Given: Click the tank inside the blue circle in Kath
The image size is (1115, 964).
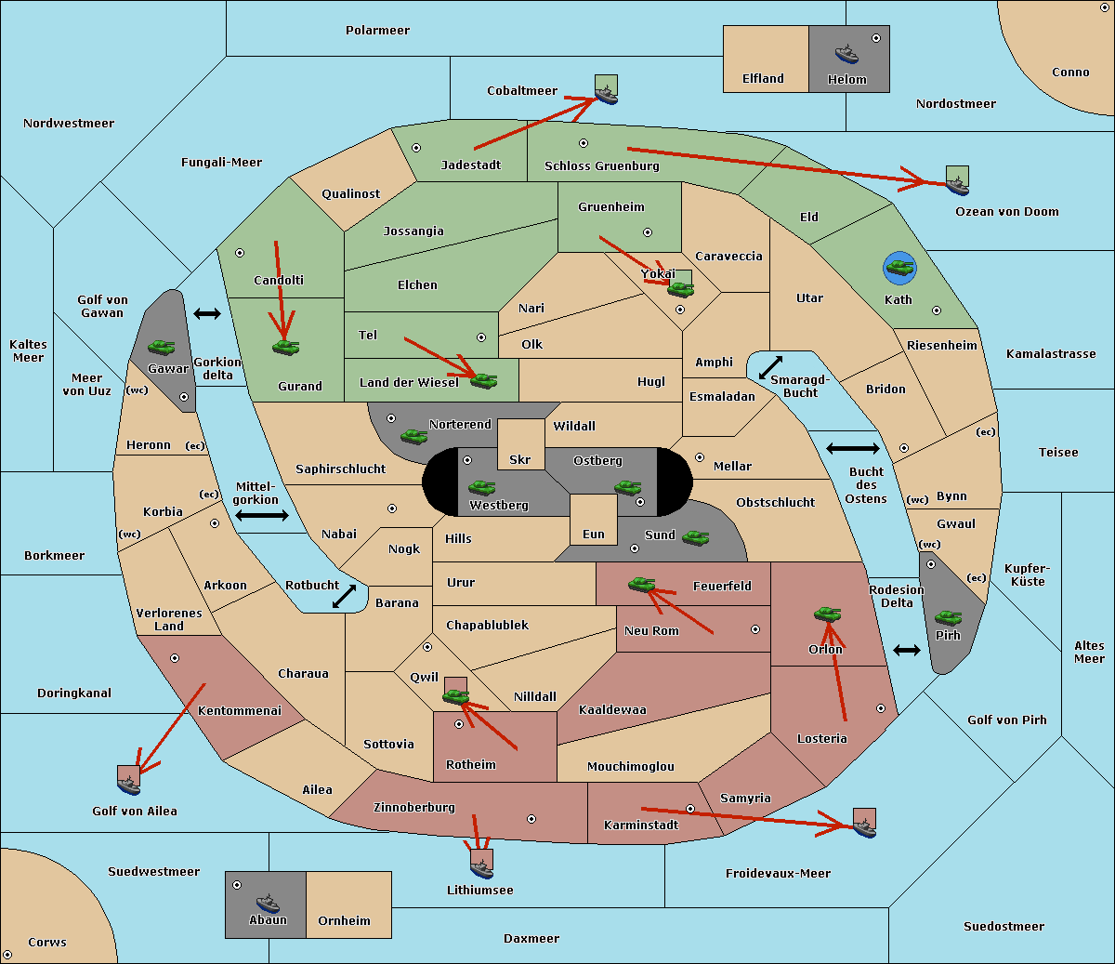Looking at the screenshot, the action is click(900, 267).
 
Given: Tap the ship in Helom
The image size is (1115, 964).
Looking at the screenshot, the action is click(846, 53).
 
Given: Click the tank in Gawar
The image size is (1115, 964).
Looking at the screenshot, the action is click(161, 347).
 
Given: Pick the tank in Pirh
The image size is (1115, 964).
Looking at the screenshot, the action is click(948, 617).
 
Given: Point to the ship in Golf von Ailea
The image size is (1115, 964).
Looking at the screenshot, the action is click(129, 785).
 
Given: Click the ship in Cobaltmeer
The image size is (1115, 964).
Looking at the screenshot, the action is click(606, 95).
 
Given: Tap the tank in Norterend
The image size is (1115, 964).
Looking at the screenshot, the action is click(413, 436).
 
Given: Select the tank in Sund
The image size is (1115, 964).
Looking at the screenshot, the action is click(695, 537).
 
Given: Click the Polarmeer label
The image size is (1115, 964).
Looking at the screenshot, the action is click(377, 31).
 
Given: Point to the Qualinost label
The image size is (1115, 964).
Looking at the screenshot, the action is click(350, 193).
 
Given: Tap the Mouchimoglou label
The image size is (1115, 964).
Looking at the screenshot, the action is click(631, 766).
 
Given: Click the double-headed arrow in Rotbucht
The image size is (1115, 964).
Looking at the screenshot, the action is click(344, 596).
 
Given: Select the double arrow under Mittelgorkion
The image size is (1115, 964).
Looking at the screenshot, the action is click(262, 515).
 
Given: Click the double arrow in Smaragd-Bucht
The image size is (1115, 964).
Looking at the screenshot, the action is click(770, 367).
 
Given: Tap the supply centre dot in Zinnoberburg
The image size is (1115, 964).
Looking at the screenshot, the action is click(531, 819).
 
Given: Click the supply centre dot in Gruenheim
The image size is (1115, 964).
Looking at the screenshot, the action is click(648, 232).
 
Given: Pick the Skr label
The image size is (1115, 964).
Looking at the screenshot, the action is click(519, 459).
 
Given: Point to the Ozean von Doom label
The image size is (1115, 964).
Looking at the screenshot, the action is click(1006, 212).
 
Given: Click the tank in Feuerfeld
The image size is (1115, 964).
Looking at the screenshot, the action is click(641, 584).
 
